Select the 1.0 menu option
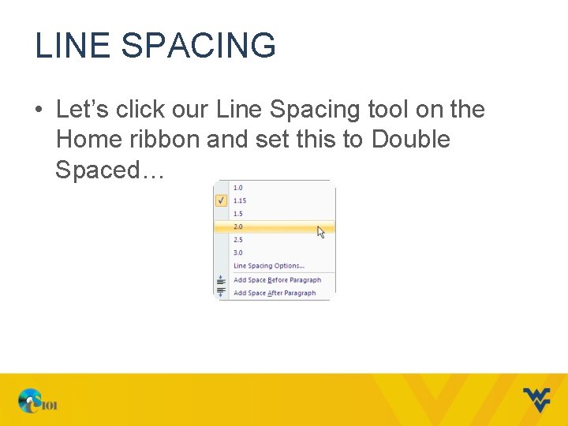click(238, 188)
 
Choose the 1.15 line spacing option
click(240, 200)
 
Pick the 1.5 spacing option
click(238, 214)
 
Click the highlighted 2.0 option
click(238, 227)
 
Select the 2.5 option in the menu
click(238, 240)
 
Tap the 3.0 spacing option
click(238, 253)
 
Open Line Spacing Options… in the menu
click(269, 266)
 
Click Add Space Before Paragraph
click(277, 280)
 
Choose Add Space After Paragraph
click(275, 293)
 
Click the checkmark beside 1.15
click(221, 200)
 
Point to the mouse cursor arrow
click(320, 231)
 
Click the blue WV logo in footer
click(536, 400)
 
